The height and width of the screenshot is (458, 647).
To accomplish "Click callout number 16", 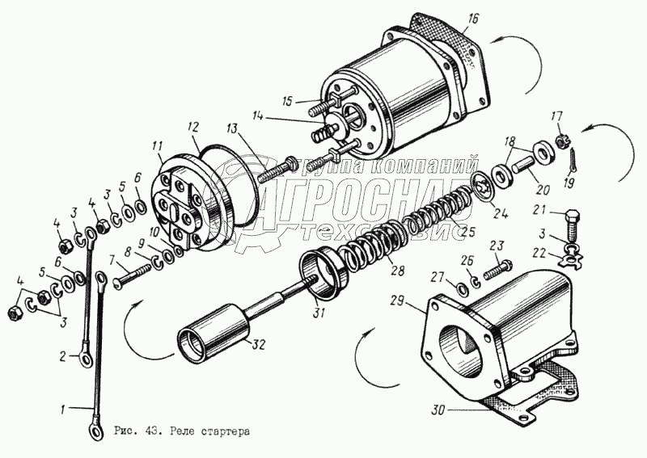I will (x=474, y=19).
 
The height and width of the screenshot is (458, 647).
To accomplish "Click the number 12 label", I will (x=193, y=127).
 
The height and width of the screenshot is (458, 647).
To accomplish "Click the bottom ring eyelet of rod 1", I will (x=98, y=434).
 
